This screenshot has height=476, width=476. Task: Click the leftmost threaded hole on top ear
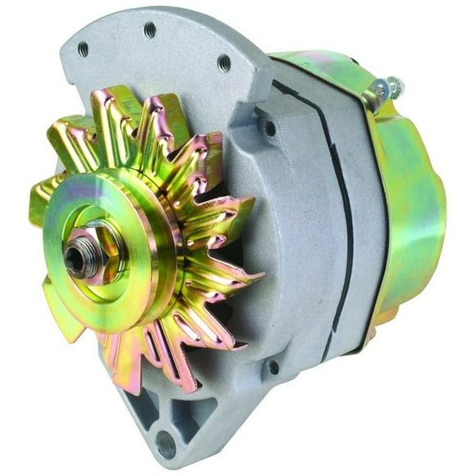pos(83,50)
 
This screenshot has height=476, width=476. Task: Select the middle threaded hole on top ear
pos(149,30)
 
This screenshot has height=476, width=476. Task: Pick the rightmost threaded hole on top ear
pos(223,63)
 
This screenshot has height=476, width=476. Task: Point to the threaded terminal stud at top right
pos(386,88)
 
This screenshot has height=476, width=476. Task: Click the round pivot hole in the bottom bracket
pos(167,444)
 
